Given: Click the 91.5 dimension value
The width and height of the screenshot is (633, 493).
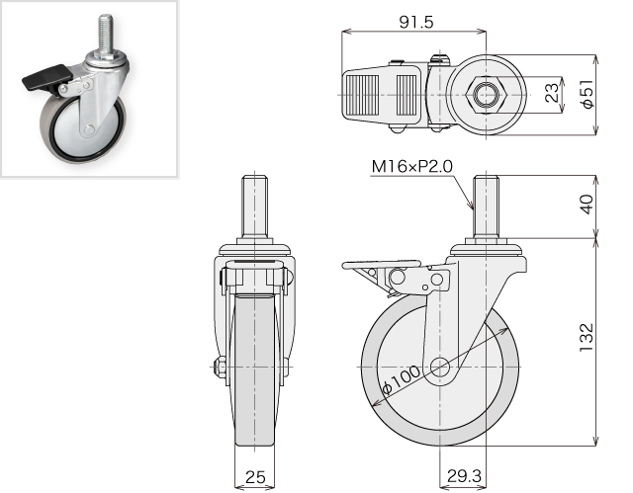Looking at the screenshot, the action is tap(416, 22).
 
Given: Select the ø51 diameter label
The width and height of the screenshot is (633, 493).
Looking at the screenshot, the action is tap(589, 94).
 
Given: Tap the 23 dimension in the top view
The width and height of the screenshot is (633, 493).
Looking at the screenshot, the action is tap(554, 92).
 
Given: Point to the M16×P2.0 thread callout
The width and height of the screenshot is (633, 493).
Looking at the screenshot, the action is tap(411, 166).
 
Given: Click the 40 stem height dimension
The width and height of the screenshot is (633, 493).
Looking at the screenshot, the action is tap(587, 205).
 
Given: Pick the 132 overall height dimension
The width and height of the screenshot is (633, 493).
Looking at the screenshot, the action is tap(587, 338).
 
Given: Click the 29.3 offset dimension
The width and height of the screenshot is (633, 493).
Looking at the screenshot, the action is tap(464, 476).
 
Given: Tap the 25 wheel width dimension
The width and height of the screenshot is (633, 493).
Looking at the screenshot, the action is tap(255, 477).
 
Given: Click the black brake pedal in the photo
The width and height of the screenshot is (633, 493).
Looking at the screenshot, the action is tap(46, 77).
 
